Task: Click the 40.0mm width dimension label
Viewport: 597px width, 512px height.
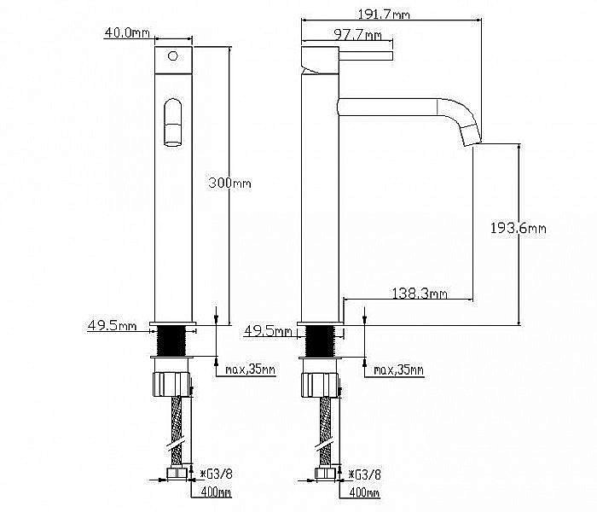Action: point(127,32)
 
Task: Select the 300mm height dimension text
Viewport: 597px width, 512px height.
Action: point(230,183)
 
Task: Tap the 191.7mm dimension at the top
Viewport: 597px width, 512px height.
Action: point(384,15)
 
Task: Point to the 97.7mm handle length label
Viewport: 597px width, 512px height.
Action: point(357,35)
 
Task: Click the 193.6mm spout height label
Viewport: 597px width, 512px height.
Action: point(519,228)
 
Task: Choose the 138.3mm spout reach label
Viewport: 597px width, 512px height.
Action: point(420,294)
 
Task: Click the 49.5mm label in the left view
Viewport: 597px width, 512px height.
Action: point(112,325)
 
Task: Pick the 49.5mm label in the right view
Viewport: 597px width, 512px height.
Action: point(268,331)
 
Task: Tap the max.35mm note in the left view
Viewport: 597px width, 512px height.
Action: point(250,369)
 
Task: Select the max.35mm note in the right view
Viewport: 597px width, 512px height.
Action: point(398,369)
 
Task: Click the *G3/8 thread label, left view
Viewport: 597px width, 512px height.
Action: point(217,474)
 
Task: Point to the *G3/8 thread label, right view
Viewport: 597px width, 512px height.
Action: point(365,474)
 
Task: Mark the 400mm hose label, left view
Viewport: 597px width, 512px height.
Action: point(216,492)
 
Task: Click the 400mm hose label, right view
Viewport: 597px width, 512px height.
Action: point(364,492)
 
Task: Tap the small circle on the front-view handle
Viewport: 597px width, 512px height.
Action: point(173,56)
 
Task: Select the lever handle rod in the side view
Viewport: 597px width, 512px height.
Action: point(366,56)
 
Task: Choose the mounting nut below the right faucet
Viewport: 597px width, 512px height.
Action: point(321,385)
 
